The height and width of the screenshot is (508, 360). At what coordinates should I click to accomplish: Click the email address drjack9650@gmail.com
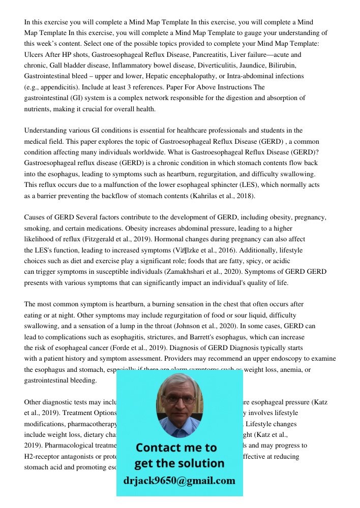pos(179,481)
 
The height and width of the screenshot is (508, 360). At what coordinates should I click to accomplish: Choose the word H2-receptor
pos(45,457)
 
